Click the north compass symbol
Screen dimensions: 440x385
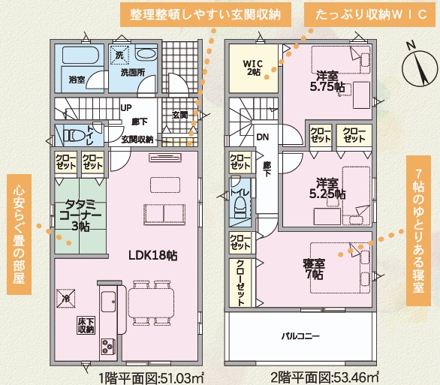(419, 66)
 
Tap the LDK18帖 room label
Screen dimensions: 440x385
(153, 255)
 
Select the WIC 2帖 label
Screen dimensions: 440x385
(253, 68)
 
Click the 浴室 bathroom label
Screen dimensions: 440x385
(77, 80)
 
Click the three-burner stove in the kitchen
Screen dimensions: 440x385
(108, 347)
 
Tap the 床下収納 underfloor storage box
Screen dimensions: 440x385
(86, 325)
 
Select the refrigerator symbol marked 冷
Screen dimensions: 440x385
(66, 299)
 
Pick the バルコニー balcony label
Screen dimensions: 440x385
(300, 335)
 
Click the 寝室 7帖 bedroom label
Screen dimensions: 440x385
(314, 269)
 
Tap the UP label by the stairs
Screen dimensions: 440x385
(126, 107)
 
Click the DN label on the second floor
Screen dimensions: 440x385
(263, 137)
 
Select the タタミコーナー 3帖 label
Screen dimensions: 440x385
(80, 215)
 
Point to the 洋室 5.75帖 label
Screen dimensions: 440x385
(327, 82)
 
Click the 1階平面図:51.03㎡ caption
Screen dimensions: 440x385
(151, 378)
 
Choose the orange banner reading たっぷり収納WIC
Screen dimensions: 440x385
(371, 15)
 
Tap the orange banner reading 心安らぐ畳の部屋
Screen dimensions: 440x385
(19, 234)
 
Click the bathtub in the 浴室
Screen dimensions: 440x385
(80, 55)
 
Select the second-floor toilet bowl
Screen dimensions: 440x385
(240, 207)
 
